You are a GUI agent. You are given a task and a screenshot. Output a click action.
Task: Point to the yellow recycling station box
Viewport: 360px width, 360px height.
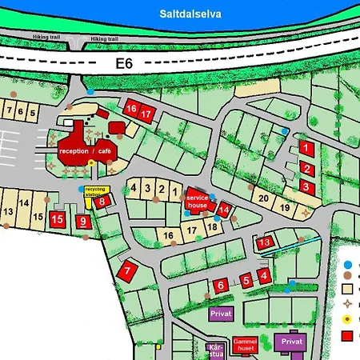click(x=95, y=192)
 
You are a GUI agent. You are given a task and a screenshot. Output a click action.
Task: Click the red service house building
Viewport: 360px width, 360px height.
click(x=197, y=200)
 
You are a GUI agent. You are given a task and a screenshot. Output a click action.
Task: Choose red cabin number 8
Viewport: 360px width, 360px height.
click(x=102, y=202)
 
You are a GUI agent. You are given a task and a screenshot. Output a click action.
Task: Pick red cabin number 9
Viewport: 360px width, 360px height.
click(x=83, y=221)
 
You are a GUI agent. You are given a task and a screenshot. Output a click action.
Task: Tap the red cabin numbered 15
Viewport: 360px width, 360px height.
click(x=57, y=219)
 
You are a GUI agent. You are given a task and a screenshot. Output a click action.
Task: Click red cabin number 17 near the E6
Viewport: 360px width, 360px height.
click(x=146, y=114)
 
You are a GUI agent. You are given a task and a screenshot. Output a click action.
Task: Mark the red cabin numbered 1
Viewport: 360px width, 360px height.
click(x=306, y=148)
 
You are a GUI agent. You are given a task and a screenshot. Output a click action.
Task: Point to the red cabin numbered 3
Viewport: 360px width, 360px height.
click(x=306, y=186)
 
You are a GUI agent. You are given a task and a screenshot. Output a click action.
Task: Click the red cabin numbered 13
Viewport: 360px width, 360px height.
click(x=265, y=242)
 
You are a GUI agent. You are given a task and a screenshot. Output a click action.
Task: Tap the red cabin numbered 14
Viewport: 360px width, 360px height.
click(x=225, y=211)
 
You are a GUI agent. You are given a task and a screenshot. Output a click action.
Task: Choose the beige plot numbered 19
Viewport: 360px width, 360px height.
click(x=285, y=207)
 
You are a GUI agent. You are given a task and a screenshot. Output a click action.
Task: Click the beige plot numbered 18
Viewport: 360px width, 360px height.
click(x=212, y=226)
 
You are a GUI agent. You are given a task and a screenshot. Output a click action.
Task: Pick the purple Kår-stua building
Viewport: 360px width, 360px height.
click(x=214, y=350)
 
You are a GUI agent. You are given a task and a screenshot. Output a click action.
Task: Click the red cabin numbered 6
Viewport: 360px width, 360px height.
click(x=220, y=285)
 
